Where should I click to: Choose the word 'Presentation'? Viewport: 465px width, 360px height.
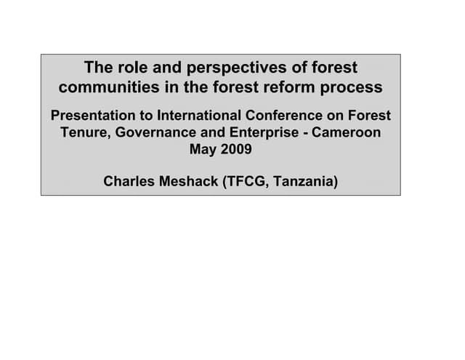point(93,116)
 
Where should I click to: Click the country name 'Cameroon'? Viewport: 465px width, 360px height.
point(347,134)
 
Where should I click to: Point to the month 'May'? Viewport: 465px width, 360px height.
point(203,151)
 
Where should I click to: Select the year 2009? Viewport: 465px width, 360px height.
point(236,151)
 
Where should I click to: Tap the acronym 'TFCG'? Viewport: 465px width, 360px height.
point(249,180)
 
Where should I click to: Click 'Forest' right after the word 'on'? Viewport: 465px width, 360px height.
point(368,116)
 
